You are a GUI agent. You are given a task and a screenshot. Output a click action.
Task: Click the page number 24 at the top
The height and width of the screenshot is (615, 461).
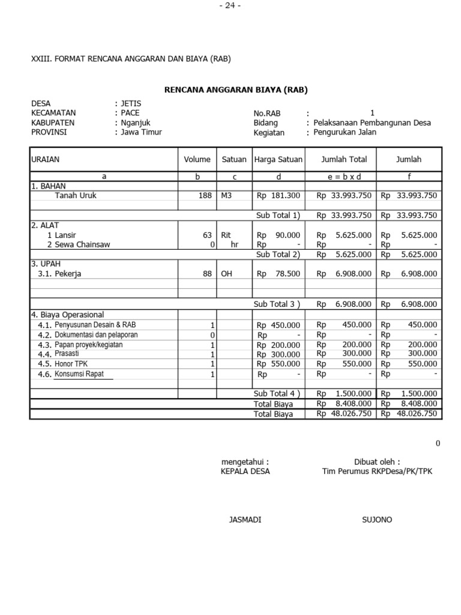point(230,5)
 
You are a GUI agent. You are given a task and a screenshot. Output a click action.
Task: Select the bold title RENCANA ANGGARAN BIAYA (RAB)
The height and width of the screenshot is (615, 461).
point(236,90)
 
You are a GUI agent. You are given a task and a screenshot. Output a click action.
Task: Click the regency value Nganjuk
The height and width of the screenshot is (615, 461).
point(135,123)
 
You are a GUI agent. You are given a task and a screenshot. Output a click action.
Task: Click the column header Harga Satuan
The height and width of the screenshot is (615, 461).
point(279,159)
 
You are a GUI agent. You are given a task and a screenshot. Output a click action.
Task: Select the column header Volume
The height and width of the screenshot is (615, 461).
point(197,159)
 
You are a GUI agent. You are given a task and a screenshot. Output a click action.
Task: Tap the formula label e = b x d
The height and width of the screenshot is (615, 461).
point(340,177)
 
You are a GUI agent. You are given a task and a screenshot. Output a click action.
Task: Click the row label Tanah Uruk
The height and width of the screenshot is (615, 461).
point(76,195)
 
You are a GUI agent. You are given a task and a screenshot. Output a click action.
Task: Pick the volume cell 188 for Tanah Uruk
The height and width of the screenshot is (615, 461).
point(205,195)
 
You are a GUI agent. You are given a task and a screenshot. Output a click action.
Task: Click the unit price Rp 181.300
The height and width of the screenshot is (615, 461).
point(279,195)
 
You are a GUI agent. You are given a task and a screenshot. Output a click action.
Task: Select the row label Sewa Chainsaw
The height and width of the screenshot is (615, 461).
point(82,244)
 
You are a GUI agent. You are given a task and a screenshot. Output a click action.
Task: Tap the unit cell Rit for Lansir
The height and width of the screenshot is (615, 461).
point(226,235)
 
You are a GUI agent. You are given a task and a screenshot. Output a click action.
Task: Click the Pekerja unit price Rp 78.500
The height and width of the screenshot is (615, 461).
point(279,273)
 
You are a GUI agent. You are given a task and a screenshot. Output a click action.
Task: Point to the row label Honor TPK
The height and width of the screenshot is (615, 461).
point(71,363)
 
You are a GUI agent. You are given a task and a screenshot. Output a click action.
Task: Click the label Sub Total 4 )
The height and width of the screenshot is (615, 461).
point(277,393)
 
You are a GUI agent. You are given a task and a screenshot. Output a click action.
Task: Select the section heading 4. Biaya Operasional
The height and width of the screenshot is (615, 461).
point(67,314)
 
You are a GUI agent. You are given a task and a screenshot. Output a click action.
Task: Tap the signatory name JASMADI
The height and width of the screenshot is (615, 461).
point(245,520)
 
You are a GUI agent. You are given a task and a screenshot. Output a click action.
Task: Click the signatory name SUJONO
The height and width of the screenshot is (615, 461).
point(376,520)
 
